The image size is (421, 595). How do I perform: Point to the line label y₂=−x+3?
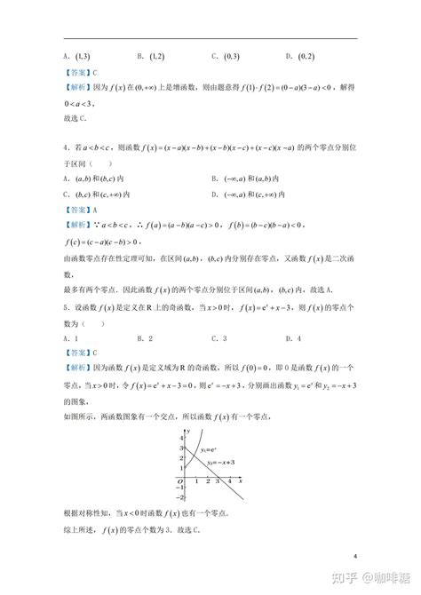coord(222,461)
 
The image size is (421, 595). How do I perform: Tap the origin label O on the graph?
coord(179,480)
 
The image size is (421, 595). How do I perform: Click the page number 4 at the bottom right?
coord(355,557)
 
